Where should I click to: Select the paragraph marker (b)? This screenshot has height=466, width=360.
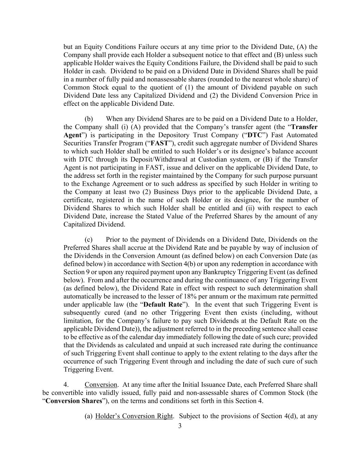[x=89, y=119]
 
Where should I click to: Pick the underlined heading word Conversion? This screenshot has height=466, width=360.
[x=101, y=384]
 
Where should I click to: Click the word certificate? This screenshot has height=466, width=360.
[x=78, y=200]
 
